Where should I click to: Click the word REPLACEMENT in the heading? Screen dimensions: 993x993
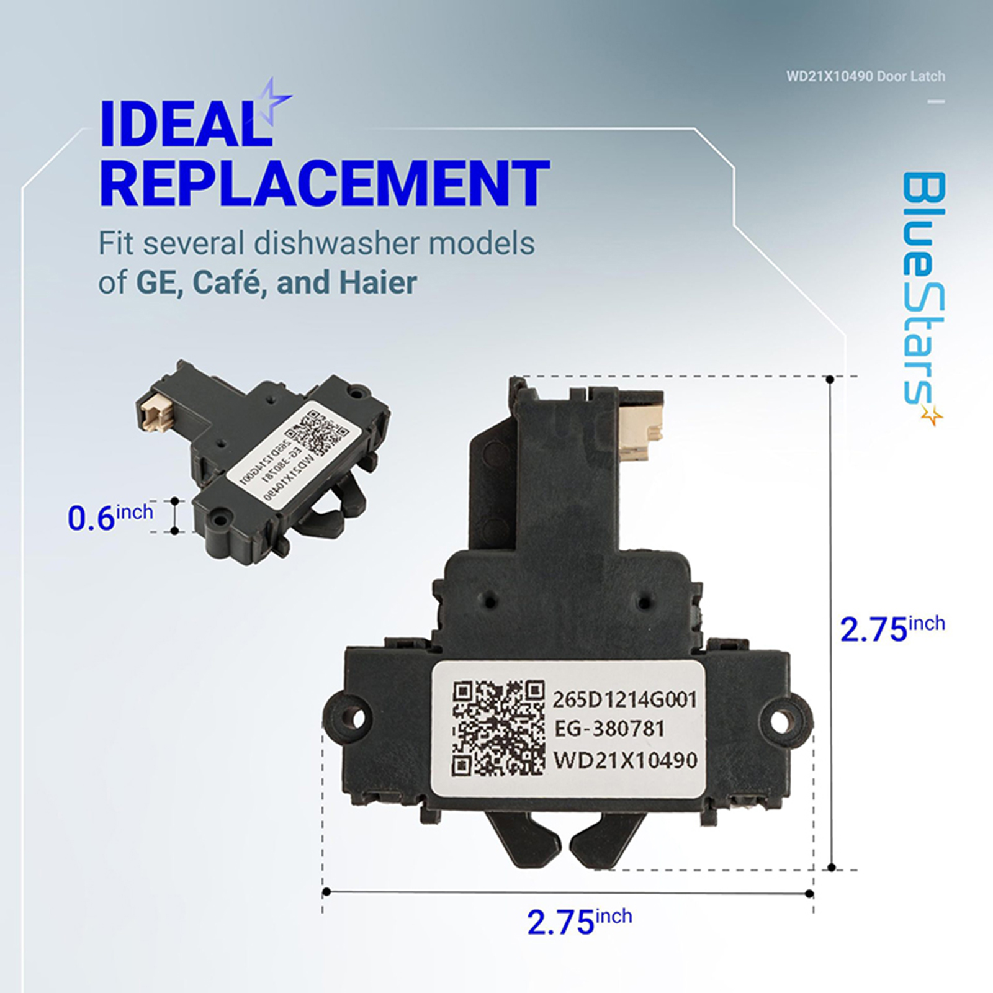click(x=325, y=184)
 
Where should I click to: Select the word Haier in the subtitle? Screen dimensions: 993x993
click(x=377, y=283)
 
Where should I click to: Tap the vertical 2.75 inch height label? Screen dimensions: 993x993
click(x=892, y=628)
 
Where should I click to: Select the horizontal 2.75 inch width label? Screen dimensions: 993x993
click(x=580, y=921)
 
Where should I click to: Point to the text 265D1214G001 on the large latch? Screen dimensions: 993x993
click(x=625, y=699)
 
